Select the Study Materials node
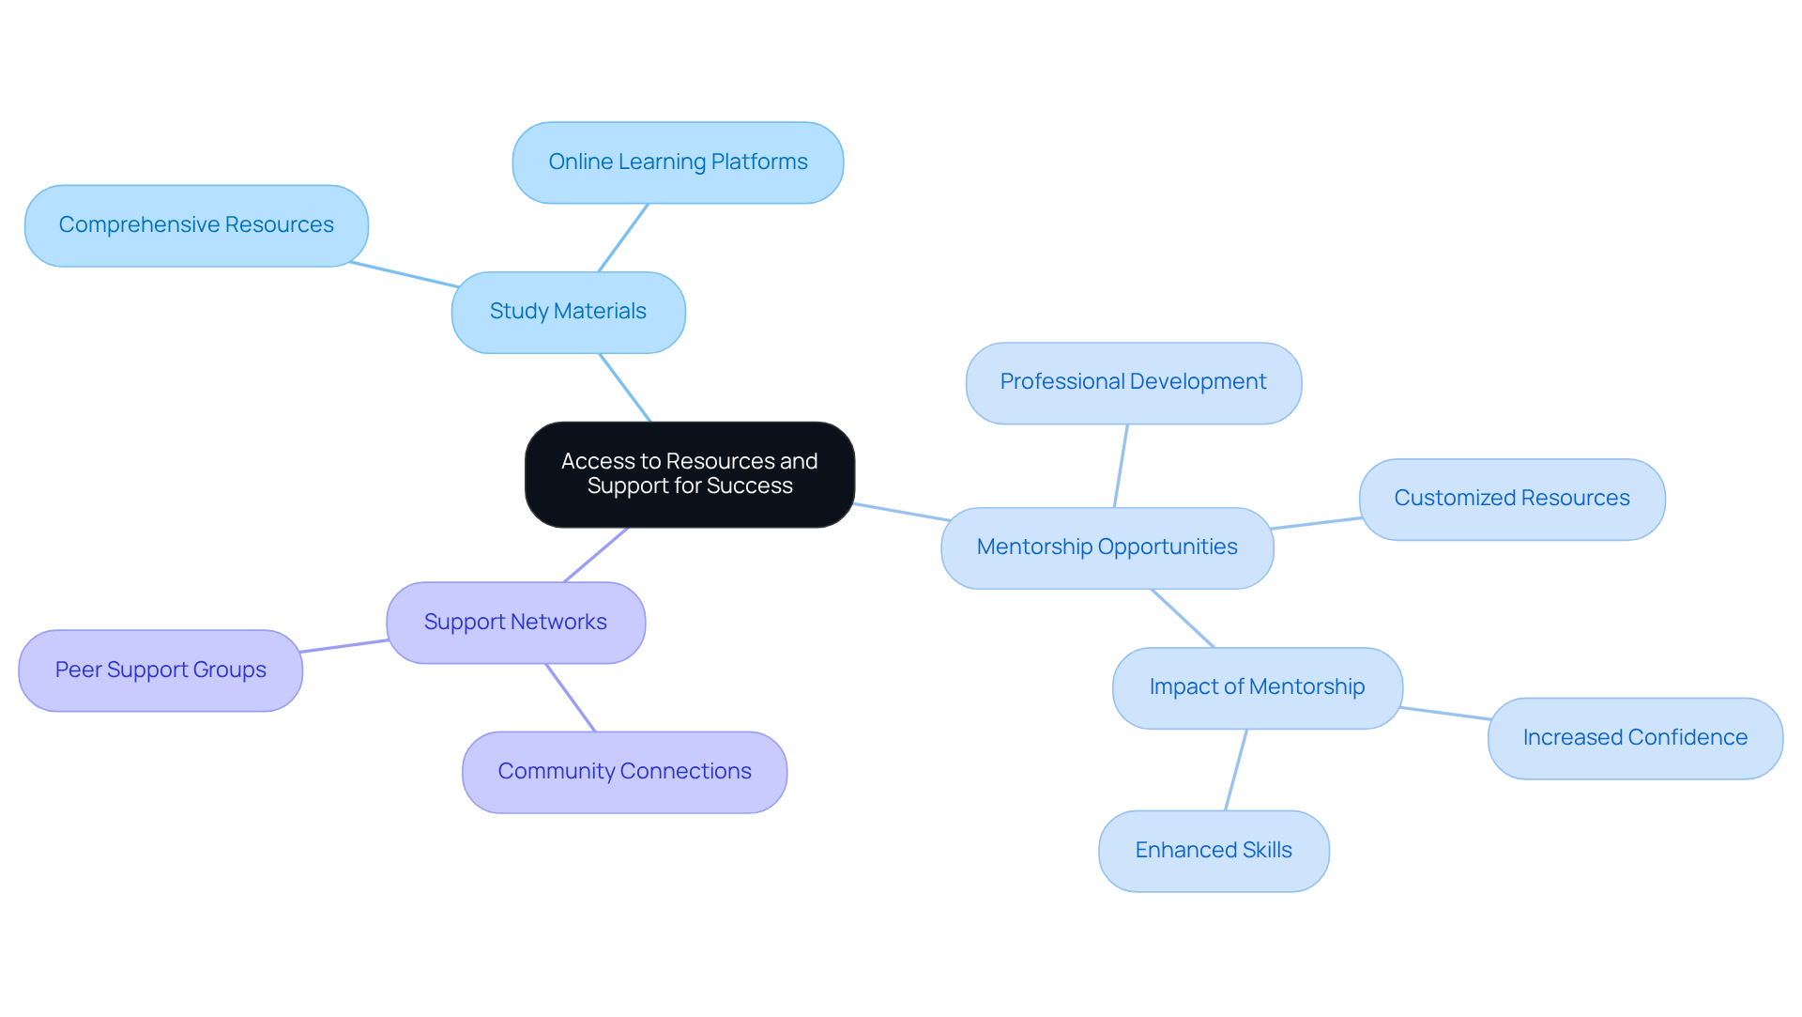point(568,312)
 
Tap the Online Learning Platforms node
point(678,162)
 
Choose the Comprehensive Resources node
point(196,225)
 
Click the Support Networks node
point(515,623)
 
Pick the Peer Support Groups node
point(160,670)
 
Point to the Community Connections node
point(624,772)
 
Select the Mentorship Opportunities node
point(1107,547)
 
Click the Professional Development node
point(1133,382)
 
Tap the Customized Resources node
point(1511,499)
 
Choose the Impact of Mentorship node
point(1257,687)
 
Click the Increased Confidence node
point(1634,738)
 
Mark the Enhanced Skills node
point(1213,851)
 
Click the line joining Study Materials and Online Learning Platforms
point(623,238)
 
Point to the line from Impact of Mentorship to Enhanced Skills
point(1236,770)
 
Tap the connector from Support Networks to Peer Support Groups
point(344,646)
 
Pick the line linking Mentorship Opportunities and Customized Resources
point(1316,523)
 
